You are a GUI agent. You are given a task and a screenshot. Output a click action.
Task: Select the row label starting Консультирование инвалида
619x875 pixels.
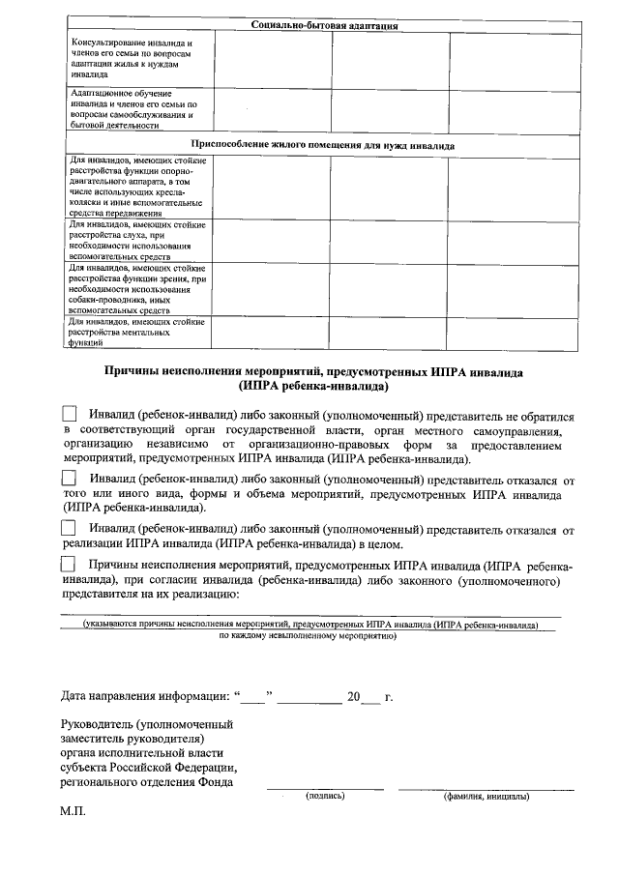(133, 58)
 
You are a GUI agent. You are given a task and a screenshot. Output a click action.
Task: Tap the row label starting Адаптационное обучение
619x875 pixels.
(133, 108)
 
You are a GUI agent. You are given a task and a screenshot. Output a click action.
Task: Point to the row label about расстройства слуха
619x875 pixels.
(133, 241)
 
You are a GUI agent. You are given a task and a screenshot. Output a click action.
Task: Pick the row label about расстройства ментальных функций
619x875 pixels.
(133, 332)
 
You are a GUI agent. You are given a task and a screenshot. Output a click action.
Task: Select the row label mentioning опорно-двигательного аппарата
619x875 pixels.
(133, 187)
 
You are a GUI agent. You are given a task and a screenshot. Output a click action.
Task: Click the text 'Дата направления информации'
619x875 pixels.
(145, 696)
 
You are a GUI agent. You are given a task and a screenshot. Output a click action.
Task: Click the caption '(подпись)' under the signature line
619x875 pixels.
(325, 797)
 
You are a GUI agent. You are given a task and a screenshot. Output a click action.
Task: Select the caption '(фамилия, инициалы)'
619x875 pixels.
(486, 798)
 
